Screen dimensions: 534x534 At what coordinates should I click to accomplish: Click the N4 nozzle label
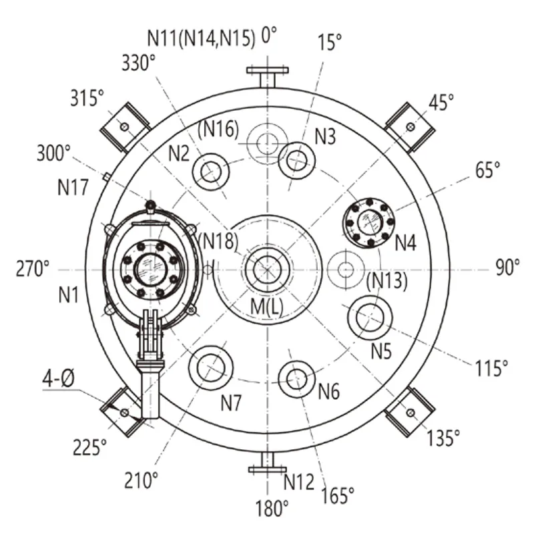point(405,243)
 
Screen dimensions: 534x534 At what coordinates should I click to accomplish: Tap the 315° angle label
point(87,98)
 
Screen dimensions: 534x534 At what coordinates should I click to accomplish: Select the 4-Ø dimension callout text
point(58,378)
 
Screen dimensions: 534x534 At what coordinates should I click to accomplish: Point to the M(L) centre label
point(266,306)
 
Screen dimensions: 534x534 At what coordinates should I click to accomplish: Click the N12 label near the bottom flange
point(299,481)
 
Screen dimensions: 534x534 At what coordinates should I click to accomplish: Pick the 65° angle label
point(488,170)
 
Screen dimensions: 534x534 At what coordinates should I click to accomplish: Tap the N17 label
point(73,188)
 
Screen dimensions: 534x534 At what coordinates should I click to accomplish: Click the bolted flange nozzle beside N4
point(369,223)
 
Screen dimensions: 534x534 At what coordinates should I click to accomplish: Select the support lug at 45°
point(410,127)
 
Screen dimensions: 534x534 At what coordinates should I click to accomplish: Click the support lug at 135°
point(410,412)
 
